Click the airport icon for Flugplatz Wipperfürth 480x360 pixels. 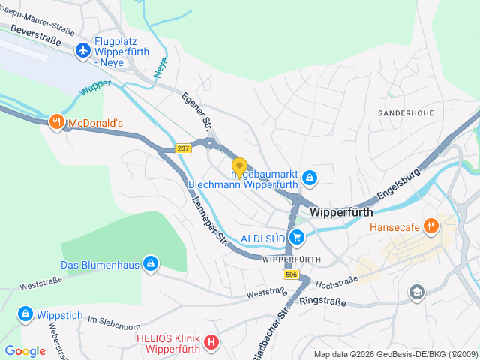tap(82, 49)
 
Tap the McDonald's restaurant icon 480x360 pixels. tap(56, 122)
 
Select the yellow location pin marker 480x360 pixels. tap(239, 166)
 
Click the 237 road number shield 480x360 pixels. tap(184, 148)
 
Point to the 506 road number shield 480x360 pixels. tap(291, 275)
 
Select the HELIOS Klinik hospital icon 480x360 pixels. tap(212, 343)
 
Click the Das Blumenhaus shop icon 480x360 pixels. tap(151, 263)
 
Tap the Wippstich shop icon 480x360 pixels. tap(25, 313)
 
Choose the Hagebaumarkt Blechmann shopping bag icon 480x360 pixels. tap(310, 178)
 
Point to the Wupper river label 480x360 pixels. tap(96, 88)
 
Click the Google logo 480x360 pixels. tap(25, 350)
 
